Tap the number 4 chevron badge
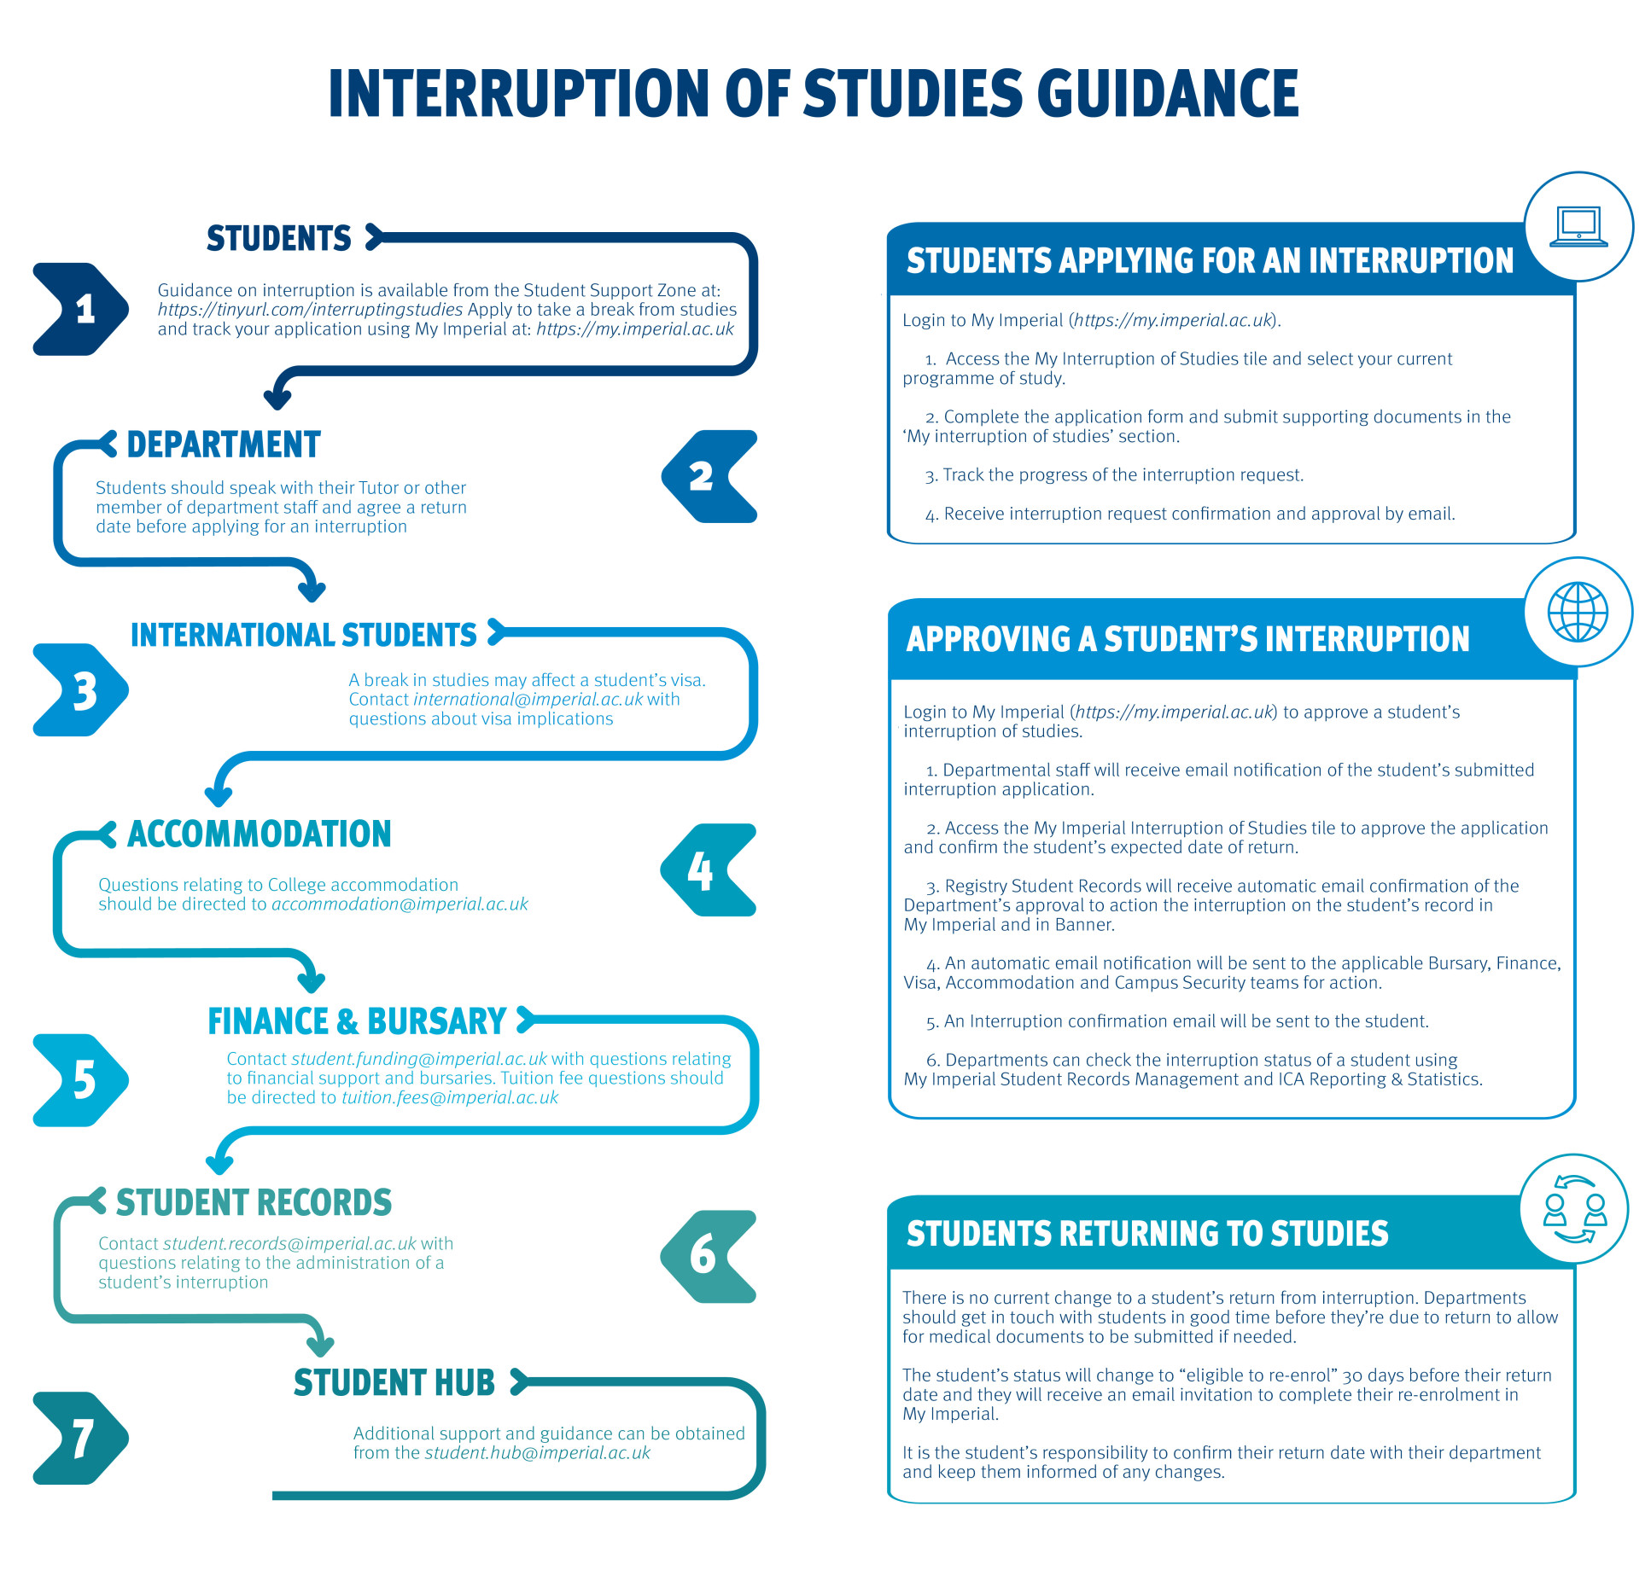tap(709, 870)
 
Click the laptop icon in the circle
tap(1578, 226)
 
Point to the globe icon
tap(1578, 612)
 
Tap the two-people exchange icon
tap(1574, 1209)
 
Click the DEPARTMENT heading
tap(224, 445)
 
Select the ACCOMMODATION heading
tap(260, 834)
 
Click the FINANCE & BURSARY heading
tap(358, 1021)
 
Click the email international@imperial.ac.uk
tap(528, 700)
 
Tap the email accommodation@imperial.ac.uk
tap(400, 904)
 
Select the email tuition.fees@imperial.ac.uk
tap(450, 1098)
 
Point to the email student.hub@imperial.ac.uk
tap(537, 1453)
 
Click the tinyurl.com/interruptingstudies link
tap(310, 310)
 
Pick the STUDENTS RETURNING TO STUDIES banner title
tap(1147, 1234)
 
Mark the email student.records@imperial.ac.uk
tap(289, 1244)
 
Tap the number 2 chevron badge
tap(709, 476)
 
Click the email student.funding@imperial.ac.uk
tap(418, 1059)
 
